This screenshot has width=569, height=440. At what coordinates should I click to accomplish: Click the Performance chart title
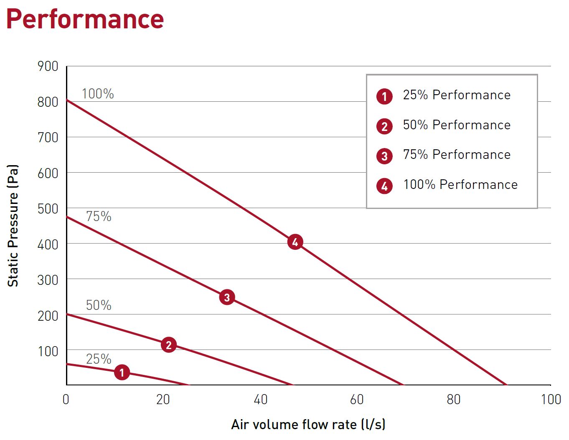[x=85, y=19]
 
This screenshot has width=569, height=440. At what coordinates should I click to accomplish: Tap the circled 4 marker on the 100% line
[x=295, y=242]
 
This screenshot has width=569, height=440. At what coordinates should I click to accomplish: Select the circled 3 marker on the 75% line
[x=227, y=297]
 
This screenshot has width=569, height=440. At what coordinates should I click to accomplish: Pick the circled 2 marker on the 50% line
[x=169, y=345]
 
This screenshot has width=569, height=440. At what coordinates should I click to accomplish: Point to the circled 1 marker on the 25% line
[x=122, y=372]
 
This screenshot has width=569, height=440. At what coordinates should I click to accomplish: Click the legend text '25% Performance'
[x=456, y=95]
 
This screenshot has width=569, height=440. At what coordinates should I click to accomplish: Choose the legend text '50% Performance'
[x=456, y=125]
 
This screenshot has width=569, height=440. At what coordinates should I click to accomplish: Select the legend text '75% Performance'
[x=456, y=155]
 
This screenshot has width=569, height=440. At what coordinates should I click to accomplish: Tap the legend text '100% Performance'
[x=460, y=185]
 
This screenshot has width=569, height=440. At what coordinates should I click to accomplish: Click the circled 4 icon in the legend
[x=384, y=186]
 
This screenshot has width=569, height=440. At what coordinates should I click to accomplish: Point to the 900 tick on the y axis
[x=48, y=66]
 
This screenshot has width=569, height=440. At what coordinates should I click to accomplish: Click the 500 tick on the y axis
[x=48, y=209]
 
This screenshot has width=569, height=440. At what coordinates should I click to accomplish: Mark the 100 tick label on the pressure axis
[x=48, y=352]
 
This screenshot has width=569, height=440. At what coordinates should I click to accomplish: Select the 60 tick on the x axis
[x=357, y=400]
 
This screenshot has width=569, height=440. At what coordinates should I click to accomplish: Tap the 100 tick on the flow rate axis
[x=551, y=400]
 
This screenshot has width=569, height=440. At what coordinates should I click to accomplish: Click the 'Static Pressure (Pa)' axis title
[x=13, y=225]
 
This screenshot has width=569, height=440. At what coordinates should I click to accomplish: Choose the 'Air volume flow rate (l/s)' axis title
[x=308, y=425]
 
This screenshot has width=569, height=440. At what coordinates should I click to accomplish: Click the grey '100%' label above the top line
[x=98, y=94]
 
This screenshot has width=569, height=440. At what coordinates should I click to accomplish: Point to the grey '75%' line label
[x=99, y=216]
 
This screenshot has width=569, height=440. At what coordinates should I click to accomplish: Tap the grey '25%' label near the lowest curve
[x=99, y=359]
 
